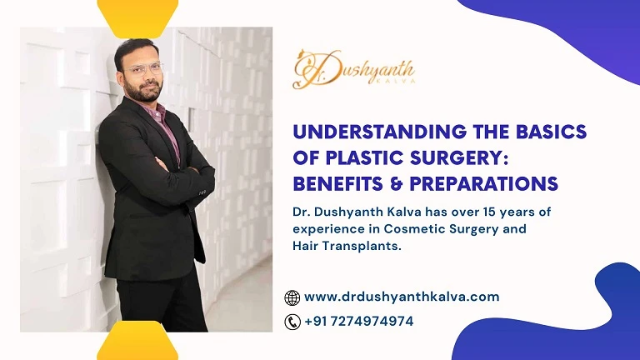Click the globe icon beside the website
[292, 297]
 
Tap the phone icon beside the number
[292, 322]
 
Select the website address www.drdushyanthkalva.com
[402, 297]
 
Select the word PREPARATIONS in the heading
[484, 182]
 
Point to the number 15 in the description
[489, 212]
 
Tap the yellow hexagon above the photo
[137, 12]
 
